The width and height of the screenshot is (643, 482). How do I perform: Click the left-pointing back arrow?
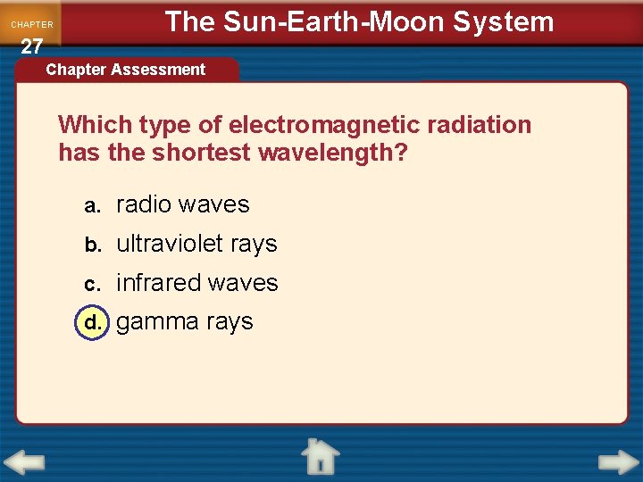24,463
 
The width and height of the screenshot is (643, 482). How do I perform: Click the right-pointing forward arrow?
618,463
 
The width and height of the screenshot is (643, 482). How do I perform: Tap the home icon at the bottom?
319,456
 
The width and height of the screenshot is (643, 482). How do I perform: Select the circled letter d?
91,322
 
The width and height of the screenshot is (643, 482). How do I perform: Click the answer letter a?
91,205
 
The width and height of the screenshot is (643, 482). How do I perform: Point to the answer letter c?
91,284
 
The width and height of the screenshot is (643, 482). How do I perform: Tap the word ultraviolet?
169,244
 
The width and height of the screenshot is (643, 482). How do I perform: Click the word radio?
143,204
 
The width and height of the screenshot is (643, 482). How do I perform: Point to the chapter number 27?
31,46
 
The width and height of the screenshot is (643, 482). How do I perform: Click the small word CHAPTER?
32,25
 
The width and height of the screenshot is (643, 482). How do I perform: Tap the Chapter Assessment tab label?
125,70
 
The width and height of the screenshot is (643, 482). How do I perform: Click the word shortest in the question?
201,153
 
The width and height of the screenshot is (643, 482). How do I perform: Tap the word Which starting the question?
95,125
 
